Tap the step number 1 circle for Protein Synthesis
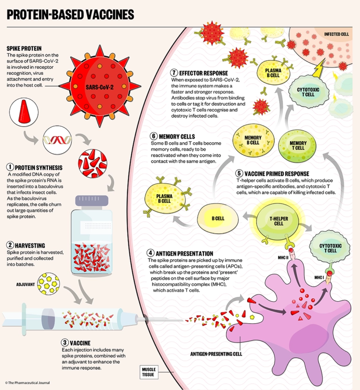(9, 167)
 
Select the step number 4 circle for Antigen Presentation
(150, 253)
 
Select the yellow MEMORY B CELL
(253, 140)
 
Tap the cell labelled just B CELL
(217, 218)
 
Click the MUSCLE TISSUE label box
(150, 372)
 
